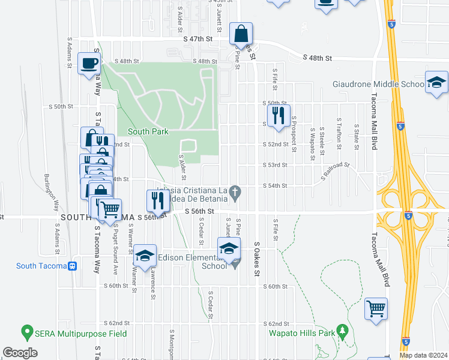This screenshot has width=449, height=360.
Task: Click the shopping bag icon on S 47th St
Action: [241, 34]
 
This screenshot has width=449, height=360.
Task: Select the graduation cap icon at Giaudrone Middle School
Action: [436, 82]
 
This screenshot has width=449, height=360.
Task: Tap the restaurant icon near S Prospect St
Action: [279, 115]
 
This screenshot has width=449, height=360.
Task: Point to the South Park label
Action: [148, 131]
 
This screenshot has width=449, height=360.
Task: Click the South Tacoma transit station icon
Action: [73, 266]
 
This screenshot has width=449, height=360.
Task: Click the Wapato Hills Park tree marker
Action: [343, 330]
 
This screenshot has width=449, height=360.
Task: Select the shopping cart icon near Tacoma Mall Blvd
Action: [376, 309]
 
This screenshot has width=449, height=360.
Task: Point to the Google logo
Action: [20, 353]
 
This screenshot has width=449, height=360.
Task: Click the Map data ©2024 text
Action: [424, 355]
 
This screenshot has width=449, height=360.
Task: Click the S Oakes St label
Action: [256, 260]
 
